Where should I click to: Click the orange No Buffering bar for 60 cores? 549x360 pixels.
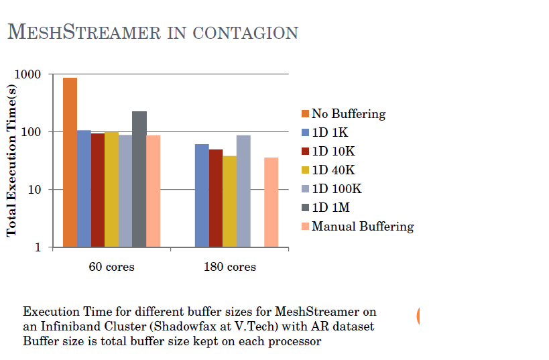pyautogui.click(x=70, y=162)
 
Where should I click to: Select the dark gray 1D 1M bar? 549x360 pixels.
pyautogui.click(x=139, y=179)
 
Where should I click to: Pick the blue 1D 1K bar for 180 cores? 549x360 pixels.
pyautogui.click(x=202, y=195)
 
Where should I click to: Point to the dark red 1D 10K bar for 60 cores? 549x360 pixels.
pyautogui.click(x=98, y=190)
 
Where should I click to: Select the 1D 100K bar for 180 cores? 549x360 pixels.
pyautogui.click(x=243, y=191)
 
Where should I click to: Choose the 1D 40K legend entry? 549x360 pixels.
pyautogui.click(x=332, y=170)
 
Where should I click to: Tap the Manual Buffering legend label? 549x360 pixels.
pyautogui.click(x=362, y=227)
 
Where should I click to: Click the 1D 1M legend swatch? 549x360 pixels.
pyautogui.click(x=305, y=208)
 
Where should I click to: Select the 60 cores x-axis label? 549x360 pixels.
pyautogui.click(x=111, y=267)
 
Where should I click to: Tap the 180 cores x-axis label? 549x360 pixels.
pyautogui.click(x=230, y=267)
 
